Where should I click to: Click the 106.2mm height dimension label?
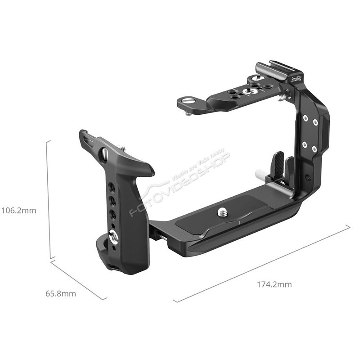[x=19, y=210]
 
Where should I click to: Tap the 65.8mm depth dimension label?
[x=61, y=293]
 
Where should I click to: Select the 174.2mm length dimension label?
[x=274, y=284]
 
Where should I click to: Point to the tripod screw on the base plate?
[x=222, y=212]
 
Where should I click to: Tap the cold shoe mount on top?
[x=278, y=68]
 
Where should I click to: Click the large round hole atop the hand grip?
[x=104, y=153]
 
